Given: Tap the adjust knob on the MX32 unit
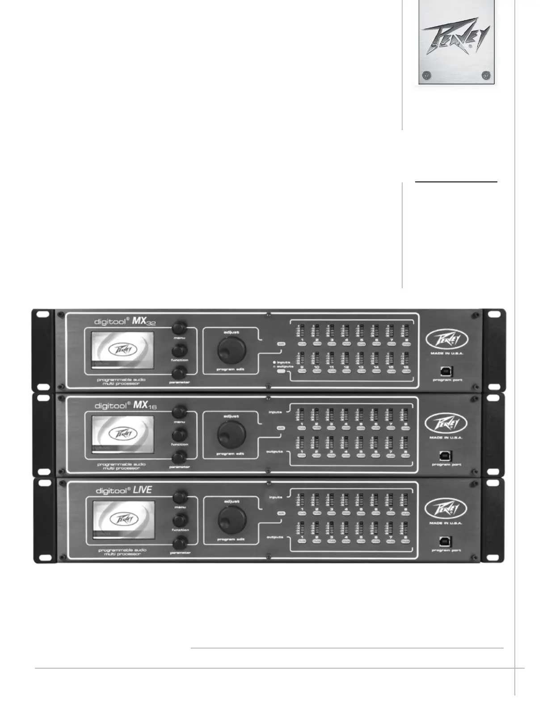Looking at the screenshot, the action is click(x=231, y=350).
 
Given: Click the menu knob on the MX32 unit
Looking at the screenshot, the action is click(x=179, y=328).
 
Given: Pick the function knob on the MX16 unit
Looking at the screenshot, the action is click(x=180, y=434).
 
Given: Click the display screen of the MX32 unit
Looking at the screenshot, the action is click(x=122, y=350).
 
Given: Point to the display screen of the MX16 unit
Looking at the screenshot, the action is click(x=122, y=434).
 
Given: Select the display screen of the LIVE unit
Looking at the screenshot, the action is click(x=123, y=520).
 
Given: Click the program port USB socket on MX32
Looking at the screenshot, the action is click(x=447, y=371).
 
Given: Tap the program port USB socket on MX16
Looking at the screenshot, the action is click(x=446, y=456).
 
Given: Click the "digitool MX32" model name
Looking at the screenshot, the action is click(x=125, y=321).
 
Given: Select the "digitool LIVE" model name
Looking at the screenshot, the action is click(x=124, y=490).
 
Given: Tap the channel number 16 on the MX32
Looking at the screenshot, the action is click(x=406, y=367).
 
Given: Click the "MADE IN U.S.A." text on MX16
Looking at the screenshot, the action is click(x=446, y=438).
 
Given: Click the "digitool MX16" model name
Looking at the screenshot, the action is click(x=125, y=405).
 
